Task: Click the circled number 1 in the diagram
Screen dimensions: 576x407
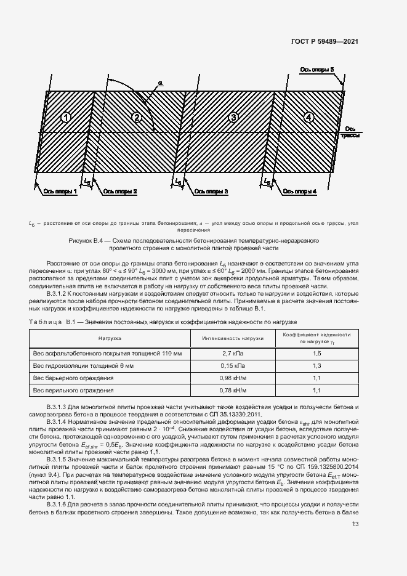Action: (x=67, y=118)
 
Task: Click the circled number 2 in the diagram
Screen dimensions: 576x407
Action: (x=137, y=118)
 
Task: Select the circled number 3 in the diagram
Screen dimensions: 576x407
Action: (x=233, y=118)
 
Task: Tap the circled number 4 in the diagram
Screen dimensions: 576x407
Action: (x=308, y=118)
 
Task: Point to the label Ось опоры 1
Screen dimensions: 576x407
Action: (x=60, y=192)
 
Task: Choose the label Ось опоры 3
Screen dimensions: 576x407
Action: (x=211, y=192)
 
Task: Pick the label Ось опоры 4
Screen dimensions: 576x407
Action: (x=300, y=192)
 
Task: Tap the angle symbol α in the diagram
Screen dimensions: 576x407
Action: (x=160, y=82)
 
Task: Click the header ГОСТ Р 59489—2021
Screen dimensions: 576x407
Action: (x=325, y=41)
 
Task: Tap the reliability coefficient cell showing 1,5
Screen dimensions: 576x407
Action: (x=317, y=354)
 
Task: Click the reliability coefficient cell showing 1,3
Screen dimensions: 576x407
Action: (x=317, y=366)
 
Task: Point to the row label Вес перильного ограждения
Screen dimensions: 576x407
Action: (x=73, y=391)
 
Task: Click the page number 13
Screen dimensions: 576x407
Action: (x=355, y=524)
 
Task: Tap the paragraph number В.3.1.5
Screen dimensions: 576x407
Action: (x=58, y=460)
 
